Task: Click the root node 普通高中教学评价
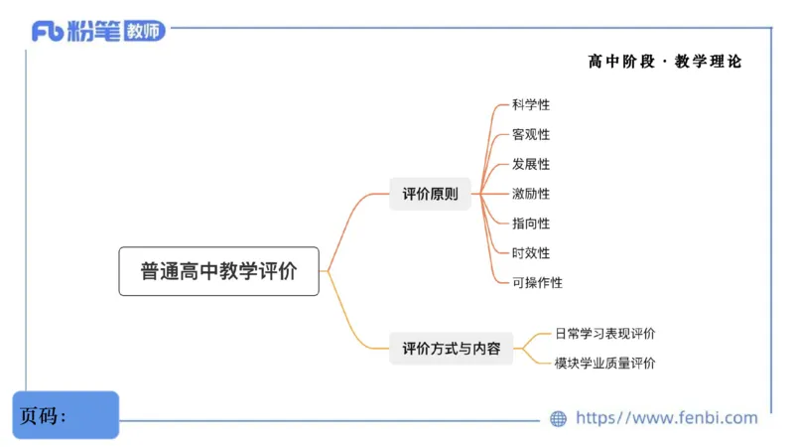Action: [218, 271]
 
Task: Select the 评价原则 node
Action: [430, 194]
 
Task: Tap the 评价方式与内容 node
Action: [451, 349]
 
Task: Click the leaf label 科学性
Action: [530, 104]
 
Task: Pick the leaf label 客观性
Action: [530, 134]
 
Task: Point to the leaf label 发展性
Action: [530, 164]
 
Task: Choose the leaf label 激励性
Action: [530, 194]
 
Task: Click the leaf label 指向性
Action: [530, 223]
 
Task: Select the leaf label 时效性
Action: [530, 253]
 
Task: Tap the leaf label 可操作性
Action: [537, 283]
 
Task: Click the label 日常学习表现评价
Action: [604, 334]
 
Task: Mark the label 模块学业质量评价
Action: [604, 364]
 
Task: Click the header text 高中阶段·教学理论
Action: [664, 62]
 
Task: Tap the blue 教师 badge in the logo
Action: [144, 31]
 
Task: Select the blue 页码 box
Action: [66, 415]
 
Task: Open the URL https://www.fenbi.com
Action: [666, 418]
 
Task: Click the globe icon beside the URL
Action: [559, 419]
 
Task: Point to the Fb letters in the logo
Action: [48, 32]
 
